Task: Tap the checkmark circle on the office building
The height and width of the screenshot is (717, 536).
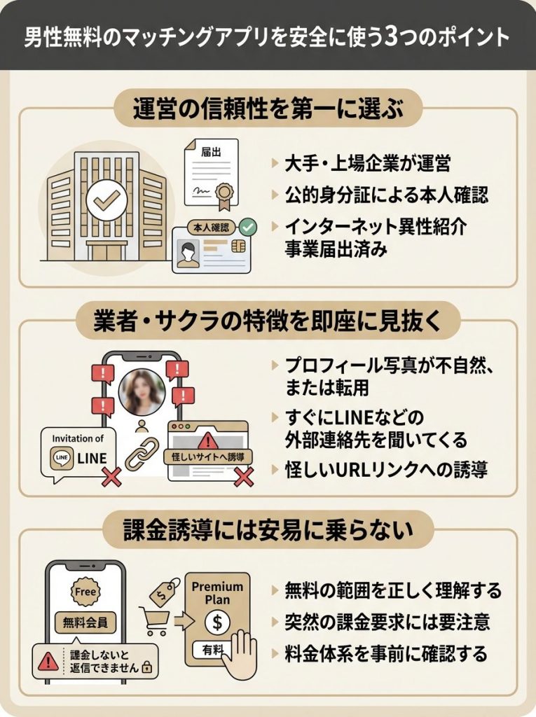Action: click(x=105, y=202)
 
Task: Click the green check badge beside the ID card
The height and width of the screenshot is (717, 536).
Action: click(x=247, y=227)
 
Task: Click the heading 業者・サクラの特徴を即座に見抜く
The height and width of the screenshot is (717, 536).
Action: click(x=268, y=323)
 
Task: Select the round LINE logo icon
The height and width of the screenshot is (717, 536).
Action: click(x=62, y=457)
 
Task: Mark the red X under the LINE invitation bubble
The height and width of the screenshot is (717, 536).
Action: click(x=111, y=479)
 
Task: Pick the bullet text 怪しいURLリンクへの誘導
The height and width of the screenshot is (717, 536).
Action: click(x=387, y=470)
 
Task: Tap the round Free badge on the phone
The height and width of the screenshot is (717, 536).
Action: click(x=84, y=592)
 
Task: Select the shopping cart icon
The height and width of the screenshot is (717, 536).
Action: click(x=157, y=618)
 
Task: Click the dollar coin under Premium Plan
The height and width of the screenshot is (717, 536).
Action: click(x=217, y=620)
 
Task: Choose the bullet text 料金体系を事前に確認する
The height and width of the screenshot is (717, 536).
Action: click(x=386, y=654)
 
